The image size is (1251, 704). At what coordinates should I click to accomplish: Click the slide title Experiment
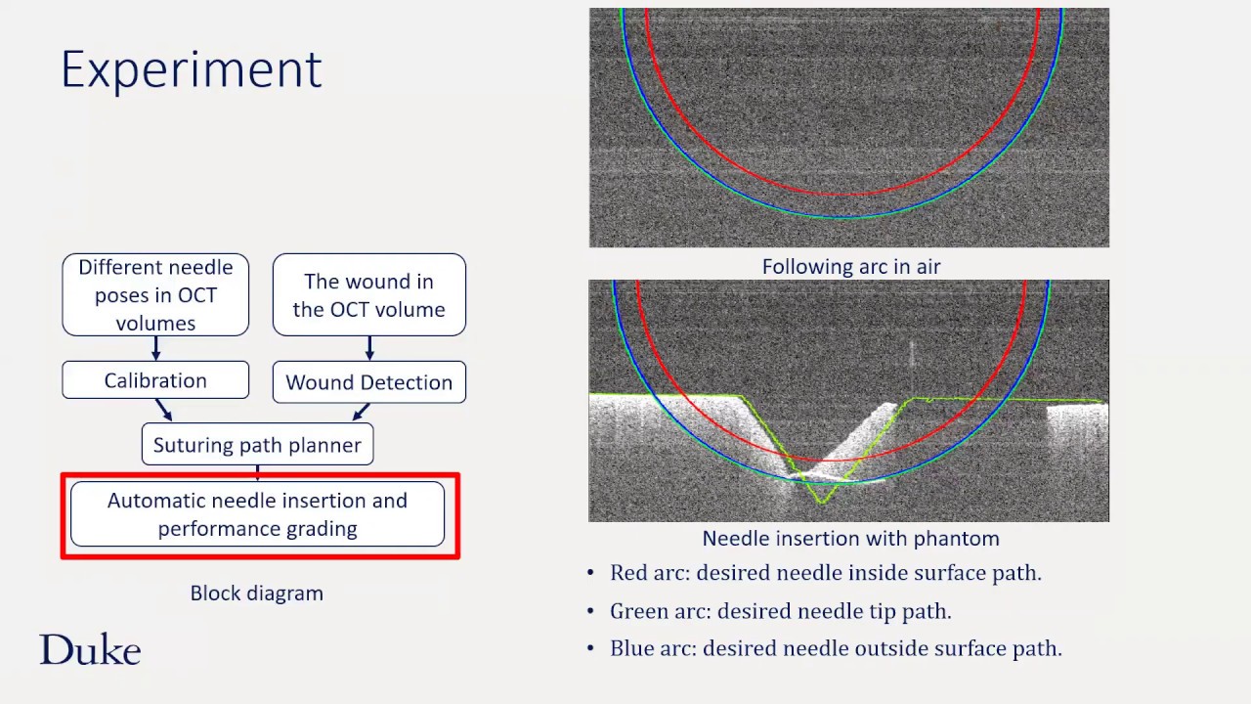pos(191,69)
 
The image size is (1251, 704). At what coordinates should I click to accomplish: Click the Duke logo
pos(90,650)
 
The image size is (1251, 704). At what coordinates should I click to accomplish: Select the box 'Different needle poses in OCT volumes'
pos(155,294)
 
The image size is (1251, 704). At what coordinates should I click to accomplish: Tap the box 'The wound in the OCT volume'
pos(368,294)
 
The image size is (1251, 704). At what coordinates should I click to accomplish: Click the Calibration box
pos(155,380)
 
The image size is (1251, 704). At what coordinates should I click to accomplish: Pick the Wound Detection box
pos(368,382)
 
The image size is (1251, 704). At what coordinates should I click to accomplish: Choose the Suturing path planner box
pos(257,445)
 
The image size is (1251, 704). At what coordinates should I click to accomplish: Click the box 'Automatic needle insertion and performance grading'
pos(257,514)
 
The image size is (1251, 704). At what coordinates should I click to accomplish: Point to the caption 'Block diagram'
pos(256,593)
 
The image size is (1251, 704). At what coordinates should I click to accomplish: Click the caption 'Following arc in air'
pos(850,266)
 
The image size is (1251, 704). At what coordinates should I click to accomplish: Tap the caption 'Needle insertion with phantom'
pos(850,539)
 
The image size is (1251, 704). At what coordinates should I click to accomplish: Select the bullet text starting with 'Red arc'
pos(825,573)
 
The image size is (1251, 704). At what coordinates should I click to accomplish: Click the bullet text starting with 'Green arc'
pos(780,611)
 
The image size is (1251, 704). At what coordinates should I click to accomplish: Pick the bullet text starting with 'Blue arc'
pos(835,648)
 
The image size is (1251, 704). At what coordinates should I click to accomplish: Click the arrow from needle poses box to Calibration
pos(155,349)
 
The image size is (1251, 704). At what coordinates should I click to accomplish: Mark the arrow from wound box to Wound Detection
pos(368,349)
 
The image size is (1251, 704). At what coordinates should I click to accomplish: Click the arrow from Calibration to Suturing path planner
pos(163,411)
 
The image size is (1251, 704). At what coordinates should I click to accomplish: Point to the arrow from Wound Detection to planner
pos(361,412)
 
